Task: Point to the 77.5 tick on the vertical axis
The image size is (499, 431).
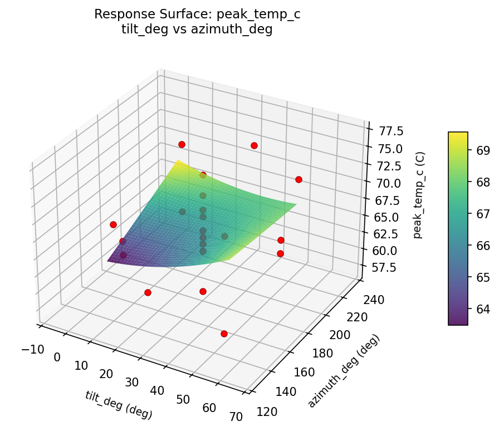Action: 392,131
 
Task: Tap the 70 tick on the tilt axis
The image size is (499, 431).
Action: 234,416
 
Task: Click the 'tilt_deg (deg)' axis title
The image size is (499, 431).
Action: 119,405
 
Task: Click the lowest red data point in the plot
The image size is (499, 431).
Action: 224,334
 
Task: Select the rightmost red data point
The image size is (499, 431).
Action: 299,179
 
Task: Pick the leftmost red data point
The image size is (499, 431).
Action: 113,224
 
